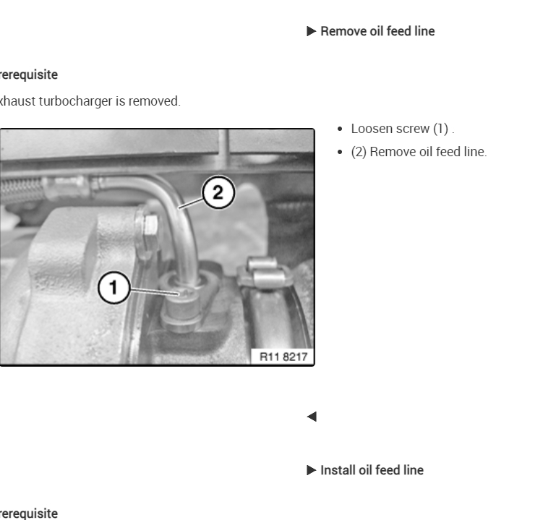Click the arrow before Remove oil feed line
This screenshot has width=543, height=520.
[x=311, y=31]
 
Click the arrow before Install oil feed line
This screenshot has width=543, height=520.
[x=311, y=470]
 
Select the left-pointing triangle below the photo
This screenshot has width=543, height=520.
[x=312, y=417]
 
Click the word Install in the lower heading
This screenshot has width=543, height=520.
[x=336, y=470]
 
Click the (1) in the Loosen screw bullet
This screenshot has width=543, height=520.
[x=441, y=129]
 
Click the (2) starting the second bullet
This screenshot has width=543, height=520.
[x=359, y=152]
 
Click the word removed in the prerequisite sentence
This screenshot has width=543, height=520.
[x=158, y=101]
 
